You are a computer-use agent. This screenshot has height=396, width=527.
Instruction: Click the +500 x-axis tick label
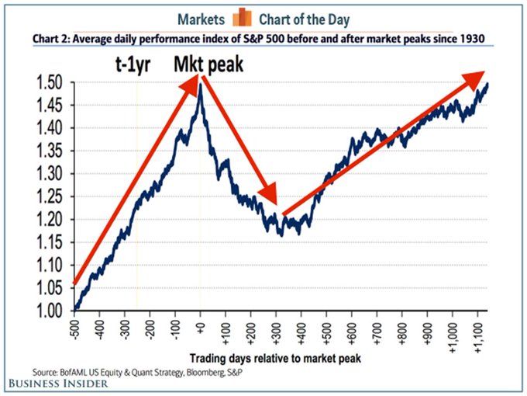(x=325, y=328)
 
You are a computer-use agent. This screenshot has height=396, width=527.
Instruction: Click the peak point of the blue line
(x=201, y=84)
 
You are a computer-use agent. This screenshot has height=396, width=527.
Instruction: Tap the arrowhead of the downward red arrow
(x=272, y=197)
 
